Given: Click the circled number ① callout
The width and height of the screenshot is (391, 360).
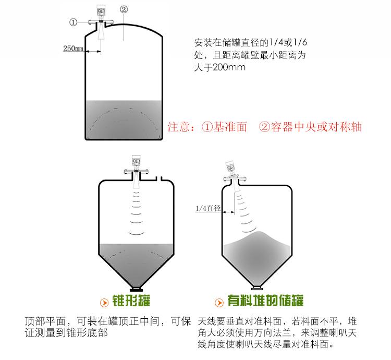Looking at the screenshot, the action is [x=73, y=22].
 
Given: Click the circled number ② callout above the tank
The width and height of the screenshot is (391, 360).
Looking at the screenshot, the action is [x=124, y=9].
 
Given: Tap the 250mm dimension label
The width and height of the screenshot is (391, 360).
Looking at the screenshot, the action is [x=73, y=48].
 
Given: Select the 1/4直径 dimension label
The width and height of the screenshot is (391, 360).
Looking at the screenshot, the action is [x=208, y=208].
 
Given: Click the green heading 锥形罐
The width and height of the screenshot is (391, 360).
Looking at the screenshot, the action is [x=131, y=301].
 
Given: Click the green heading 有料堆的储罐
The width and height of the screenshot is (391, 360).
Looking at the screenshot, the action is [x=265, y=301].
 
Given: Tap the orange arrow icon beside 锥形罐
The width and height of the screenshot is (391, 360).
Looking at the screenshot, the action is [x=104, y=303].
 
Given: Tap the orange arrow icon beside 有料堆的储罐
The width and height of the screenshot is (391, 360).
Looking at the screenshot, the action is [x=219, y=303].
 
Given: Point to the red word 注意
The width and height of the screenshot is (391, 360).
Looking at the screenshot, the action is [x=178, y=127].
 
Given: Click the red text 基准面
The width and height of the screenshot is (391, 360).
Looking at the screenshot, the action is [x=230, y=127].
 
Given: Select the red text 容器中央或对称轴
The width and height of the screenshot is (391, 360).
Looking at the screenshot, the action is [x=316, y=127].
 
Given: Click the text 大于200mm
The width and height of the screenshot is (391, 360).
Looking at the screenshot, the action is [x=219, y=67].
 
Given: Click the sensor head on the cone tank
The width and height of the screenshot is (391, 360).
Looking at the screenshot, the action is [x=136, y=162].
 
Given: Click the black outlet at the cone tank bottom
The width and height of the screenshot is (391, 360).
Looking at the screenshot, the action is [x=137, y=289].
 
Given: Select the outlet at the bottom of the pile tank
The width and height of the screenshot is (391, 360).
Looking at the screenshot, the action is [x=257, y=288].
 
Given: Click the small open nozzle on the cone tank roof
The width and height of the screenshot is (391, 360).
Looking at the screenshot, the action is [x=159, y=178].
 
